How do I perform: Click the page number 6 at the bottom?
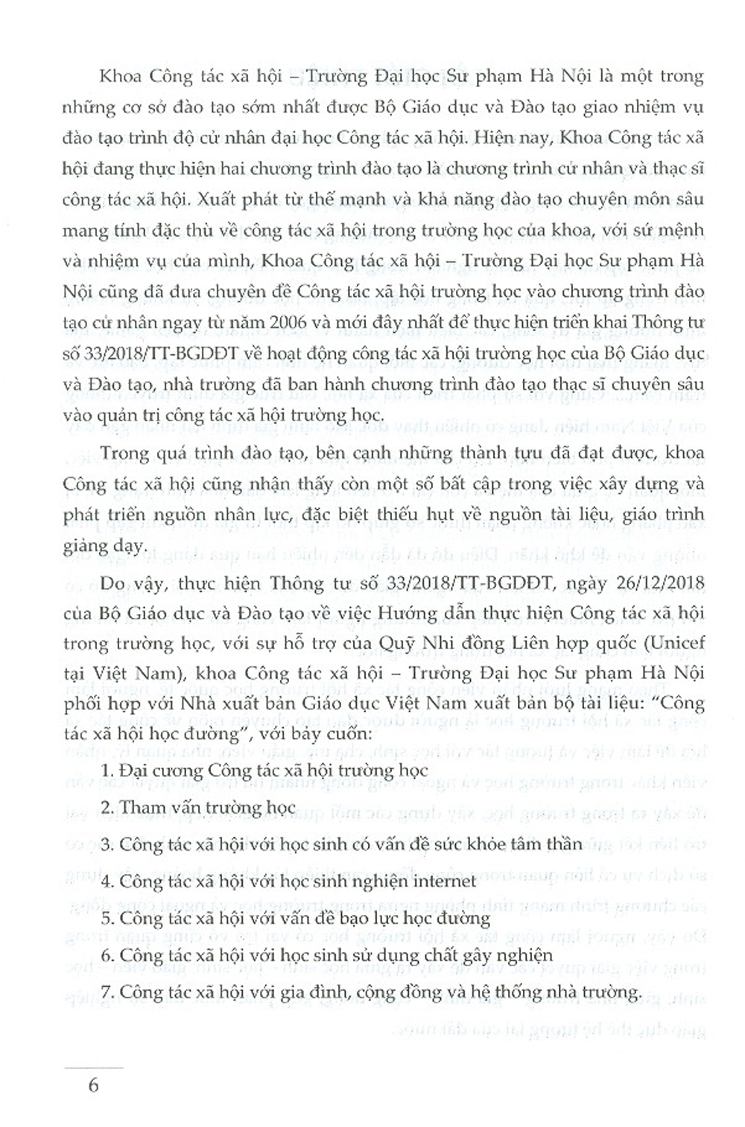[x=93, y=1084]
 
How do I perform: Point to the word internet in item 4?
[x=441, y=881]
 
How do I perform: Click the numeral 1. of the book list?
[x=105, y=770]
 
